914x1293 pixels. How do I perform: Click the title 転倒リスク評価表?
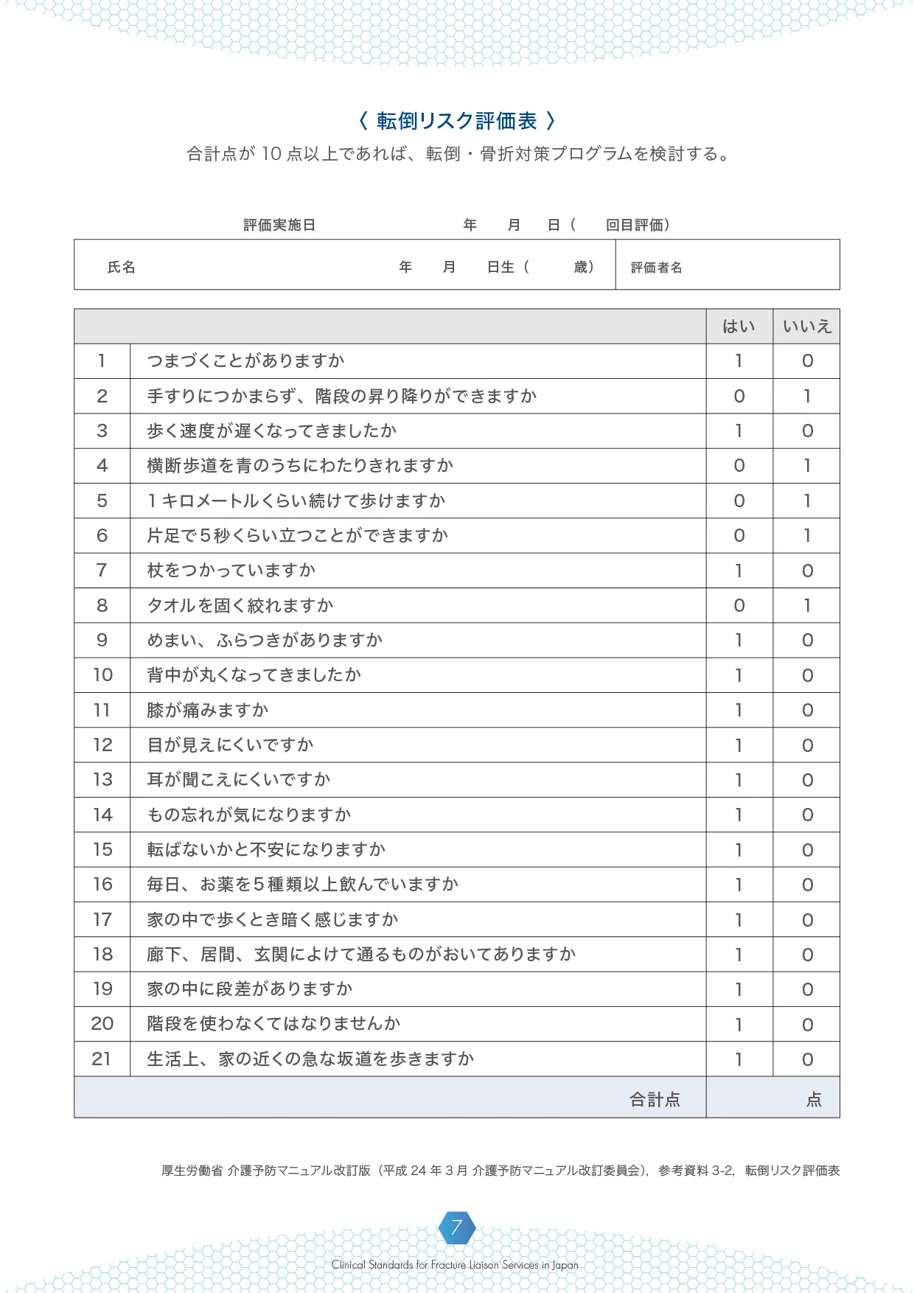pyautogui.click(x=456, y=121)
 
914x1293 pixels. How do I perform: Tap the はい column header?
pyautogui.click(x=739, y=327)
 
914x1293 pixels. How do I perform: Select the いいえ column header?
pyautogui.click(x=806, y=327)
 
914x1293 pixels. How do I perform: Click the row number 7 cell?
pyautogui.click(x=102, y=571)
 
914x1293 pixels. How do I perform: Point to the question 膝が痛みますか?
pyautogui.click(x=208, y=710)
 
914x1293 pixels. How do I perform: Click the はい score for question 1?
pyautogui.click(x=739, y=361)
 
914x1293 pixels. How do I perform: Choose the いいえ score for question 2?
pyautogui.click(x=807, y=397)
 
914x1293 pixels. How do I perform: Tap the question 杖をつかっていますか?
pyautogui.click(x=231, y=571)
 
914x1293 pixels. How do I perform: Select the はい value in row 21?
pyautogui.click(x=739, y=1059)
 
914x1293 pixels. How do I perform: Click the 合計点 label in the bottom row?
pyautogui.click(x=655, y=1100)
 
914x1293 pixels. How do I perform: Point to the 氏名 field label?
pyautogui.click(x=122, y=267)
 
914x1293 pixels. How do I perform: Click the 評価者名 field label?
pyautogui.click(x=656, y=268)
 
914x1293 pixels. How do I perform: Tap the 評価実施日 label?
pyautogui.click(x=279, y=225)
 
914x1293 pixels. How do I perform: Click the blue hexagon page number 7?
pyautogui.click(x=457, y=1227)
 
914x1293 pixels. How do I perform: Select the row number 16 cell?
pyautogui.click(x=102, y=885)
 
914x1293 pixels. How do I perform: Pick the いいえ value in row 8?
pyautogui.click(x=807, y=605)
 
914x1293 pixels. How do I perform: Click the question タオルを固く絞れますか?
pyautogui.click(x=240, y=605)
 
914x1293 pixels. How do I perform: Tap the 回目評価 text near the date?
pyautogui.click(x=637, y=225)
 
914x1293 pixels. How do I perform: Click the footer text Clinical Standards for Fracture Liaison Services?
pyautogui.click(x=455, y=1265)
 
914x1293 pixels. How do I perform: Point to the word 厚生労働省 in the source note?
pyautogui.click(x=192, y=1171)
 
